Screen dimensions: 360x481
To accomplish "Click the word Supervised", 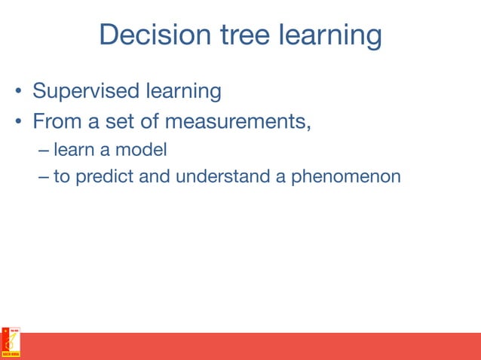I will [84, 93].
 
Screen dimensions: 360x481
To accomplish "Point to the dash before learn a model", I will [42, 151].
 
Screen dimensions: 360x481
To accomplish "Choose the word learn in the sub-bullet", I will [73, 151].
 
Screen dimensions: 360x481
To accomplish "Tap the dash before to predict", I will [42, 178].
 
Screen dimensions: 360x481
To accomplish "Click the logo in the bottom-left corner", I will [11, 343].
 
